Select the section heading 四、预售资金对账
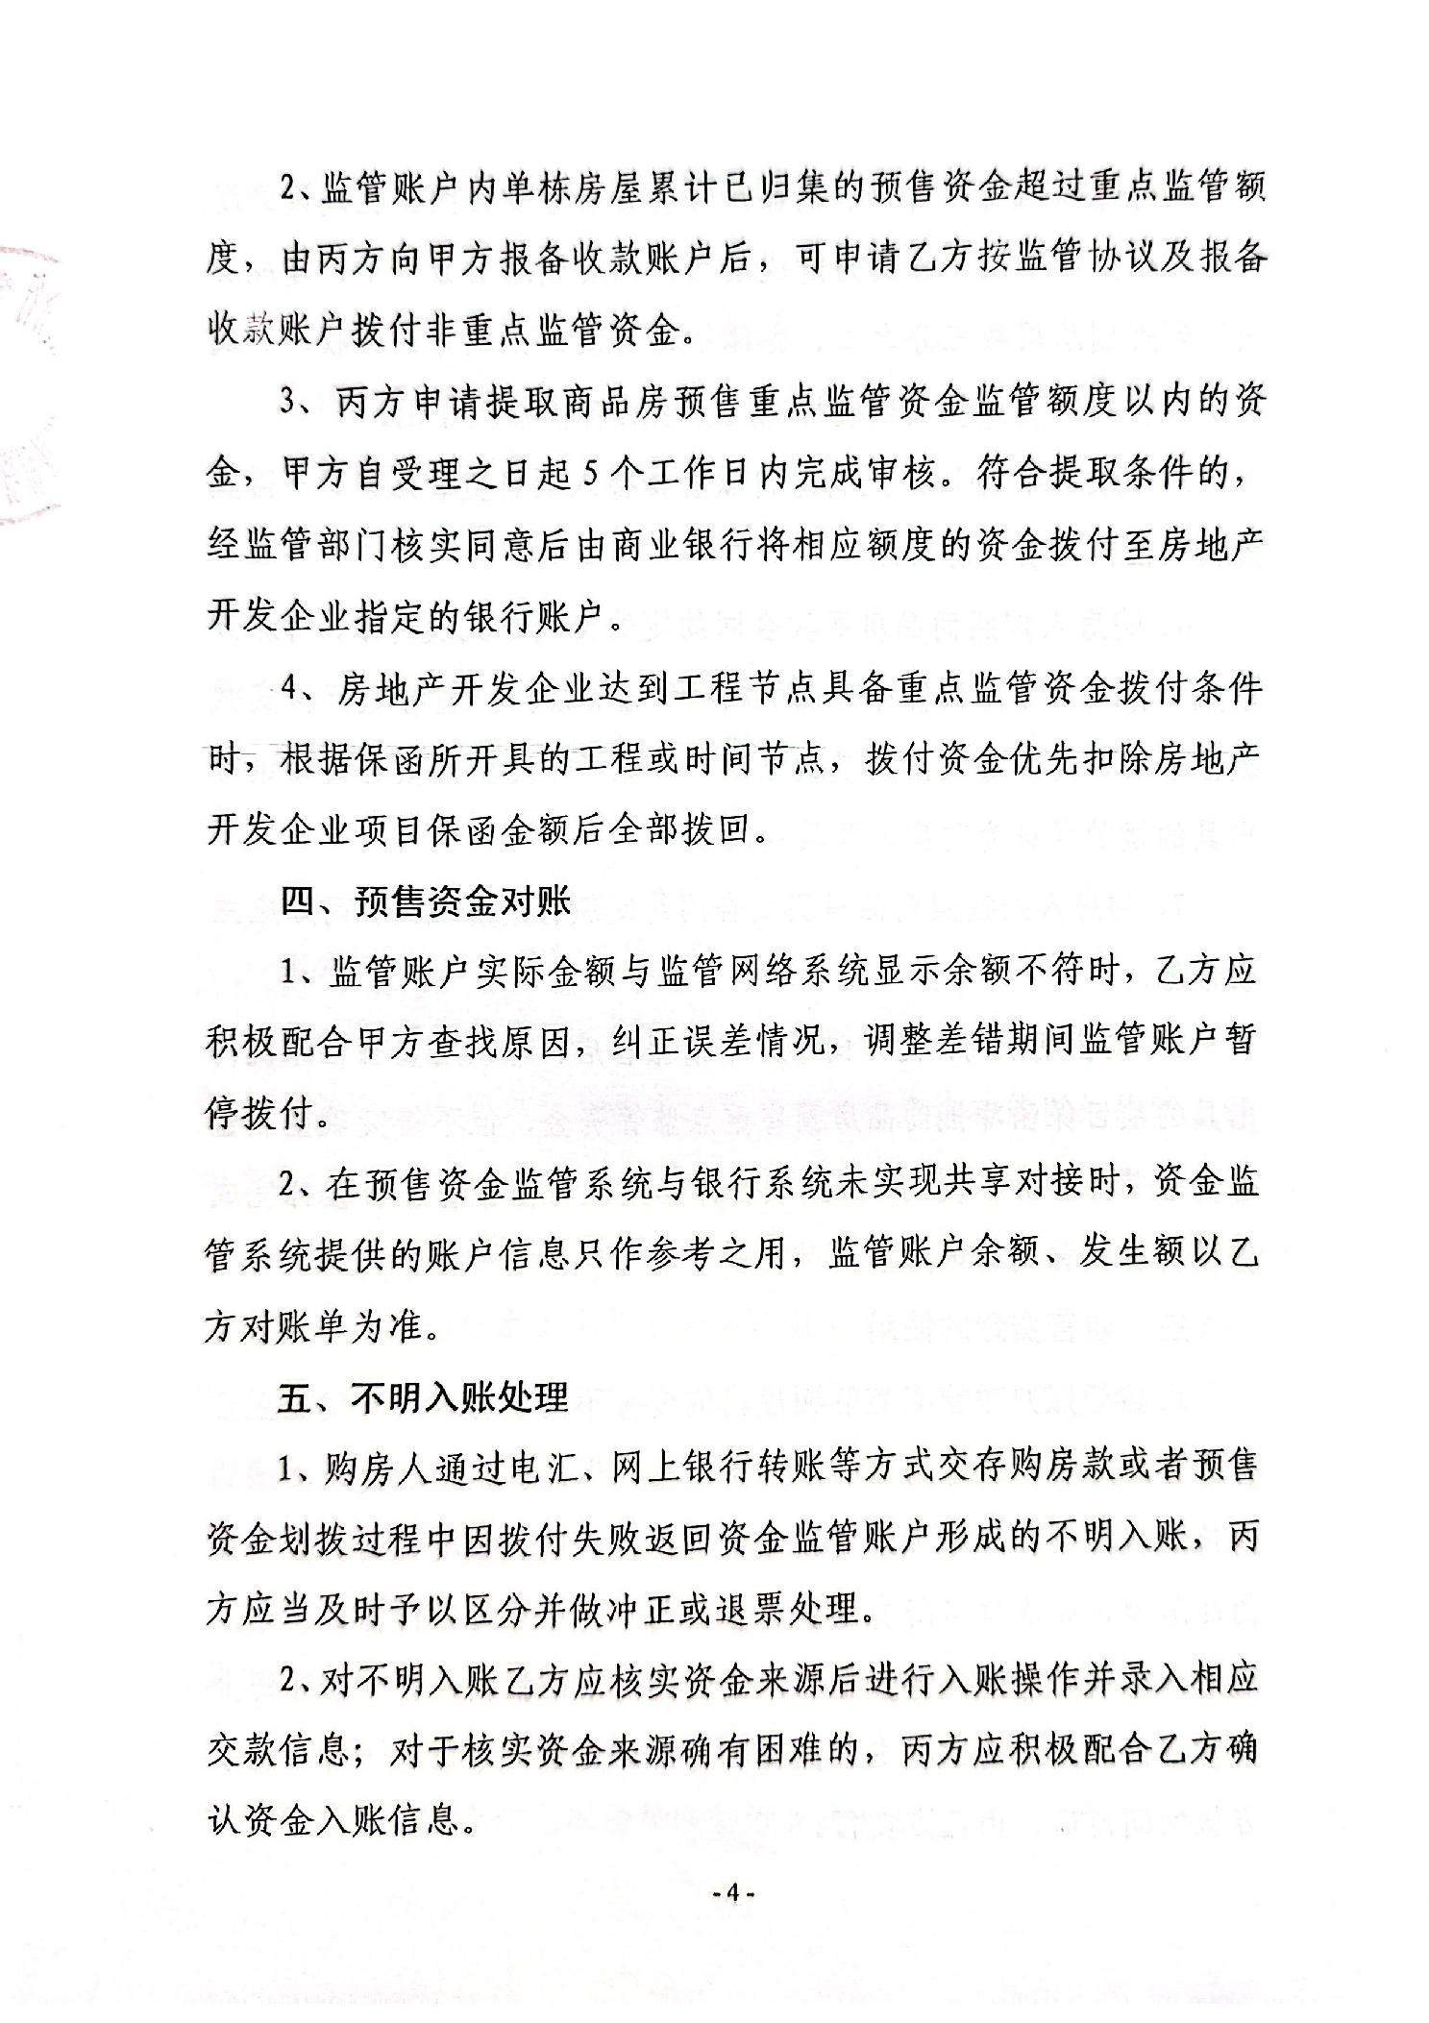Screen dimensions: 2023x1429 click(x=426, y=901)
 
